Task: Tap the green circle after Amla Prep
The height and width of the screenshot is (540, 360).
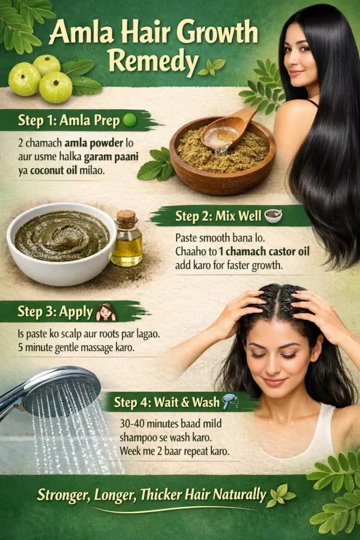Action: coord(130,121)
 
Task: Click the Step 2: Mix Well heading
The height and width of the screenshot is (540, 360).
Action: coord(218,216)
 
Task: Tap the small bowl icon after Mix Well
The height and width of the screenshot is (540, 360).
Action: coord(273,216)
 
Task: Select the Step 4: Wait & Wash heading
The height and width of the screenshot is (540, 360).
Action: coord(167,402)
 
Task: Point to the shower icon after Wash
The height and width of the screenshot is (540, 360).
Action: coord(230,401)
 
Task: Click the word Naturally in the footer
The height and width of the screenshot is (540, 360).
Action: coord(239,495)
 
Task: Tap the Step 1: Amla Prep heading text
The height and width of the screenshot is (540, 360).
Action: coord(69,121)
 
